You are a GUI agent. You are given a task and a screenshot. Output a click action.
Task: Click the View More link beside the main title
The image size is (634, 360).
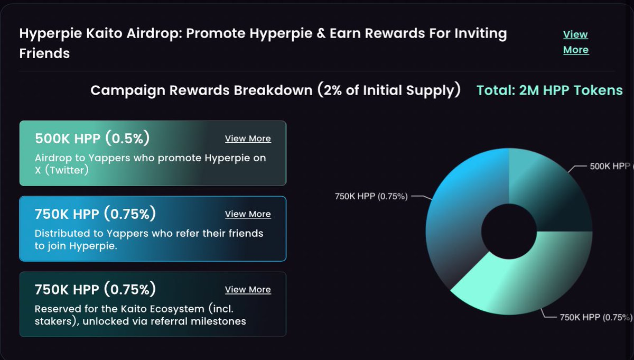tap(575, 42)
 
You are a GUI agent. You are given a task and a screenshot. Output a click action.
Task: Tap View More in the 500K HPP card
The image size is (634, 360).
tap(248, 139)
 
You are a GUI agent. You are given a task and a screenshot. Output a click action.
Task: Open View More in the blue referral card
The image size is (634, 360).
tap(248, 214)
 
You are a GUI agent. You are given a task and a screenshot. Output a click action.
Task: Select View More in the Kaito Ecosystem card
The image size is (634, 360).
tap(248, 290)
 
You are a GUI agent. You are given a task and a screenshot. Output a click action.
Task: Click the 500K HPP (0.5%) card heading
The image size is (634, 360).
tap(92, 139)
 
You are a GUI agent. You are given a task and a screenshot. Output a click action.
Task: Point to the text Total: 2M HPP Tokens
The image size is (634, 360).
tap(549, 90)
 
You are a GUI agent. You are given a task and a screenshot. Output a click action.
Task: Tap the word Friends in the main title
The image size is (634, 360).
tap(44, 53)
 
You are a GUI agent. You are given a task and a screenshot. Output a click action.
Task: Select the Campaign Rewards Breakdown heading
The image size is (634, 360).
tap(275, 90)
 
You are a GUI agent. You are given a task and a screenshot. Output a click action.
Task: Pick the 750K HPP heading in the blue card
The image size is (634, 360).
tap(96, 214)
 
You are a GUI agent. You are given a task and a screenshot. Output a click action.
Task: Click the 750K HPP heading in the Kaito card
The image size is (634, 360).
tap(96, 290)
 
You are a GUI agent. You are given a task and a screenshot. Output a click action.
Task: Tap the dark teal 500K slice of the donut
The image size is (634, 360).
tap(549, 196)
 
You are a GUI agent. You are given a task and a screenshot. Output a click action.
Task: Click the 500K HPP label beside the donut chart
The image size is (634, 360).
tap(611, 166)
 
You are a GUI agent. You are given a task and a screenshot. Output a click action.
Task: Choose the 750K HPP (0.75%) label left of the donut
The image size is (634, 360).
tap(371, 196)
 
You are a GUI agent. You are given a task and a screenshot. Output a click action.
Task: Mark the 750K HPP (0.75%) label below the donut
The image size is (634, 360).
tap(595, 317)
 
